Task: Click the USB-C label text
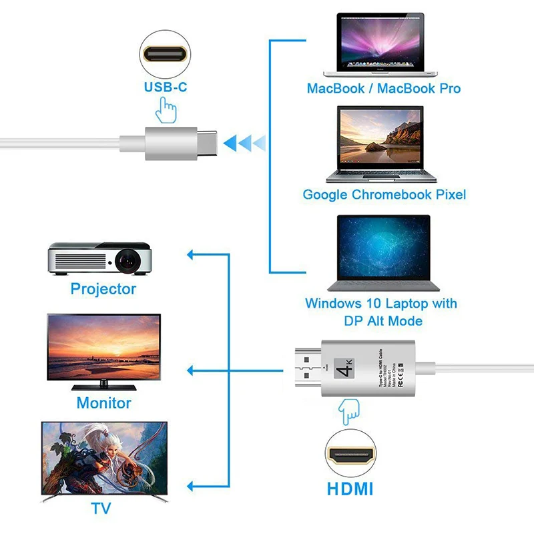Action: coord(166,87)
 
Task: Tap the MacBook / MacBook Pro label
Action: coord(384,88)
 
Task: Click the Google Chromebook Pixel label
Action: coord(384,195)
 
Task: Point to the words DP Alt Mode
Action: coord(383,321)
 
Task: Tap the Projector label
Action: coord(103,289)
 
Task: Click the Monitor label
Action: coord(103,403)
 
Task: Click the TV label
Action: coord(101,509)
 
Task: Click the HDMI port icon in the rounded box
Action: coord(350,457)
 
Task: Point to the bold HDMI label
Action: coord(350,489)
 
